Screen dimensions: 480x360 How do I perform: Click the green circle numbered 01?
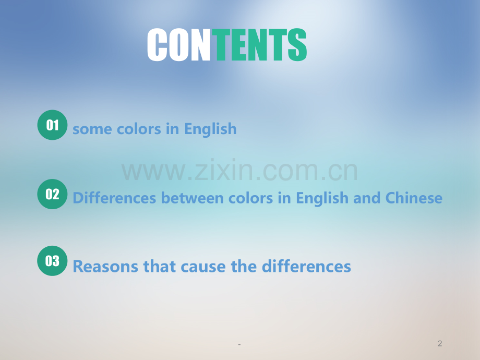[x=52, y=125]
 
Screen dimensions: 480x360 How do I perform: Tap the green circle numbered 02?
[x=52, y=194]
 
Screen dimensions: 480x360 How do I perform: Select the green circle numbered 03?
[x=52, y=261]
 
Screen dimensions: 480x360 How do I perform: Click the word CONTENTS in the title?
[x=227, y=45]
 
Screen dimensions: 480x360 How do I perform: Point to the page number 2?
[x=440, y=343]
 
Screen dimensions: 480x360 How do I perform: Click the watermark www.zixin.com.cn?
[x=239, y=171]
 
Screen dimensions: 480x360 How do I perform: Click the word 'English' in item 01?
[x=210, y=129]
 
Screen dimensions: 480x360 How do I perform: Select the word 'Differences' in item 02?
[x=114, y=198]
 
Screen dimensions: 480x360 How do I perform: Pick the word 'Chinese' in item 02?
[x=414, y=198]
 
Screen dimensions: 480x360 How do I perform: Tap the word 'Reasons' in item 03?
[x=105, y=266]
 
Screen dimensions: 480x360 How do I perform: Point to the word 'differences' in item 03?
[x=306, y=266]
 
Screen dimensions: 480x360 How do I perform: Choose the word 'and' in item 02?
[x=367, y=198]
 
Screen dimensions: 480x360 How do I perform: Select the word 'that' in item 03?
[x=159, y=266]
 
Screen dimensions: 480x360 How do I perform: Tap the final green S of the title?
[x=297, y=45]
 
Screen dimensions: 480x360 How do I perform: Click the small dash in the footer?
[x=239, y=345]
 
